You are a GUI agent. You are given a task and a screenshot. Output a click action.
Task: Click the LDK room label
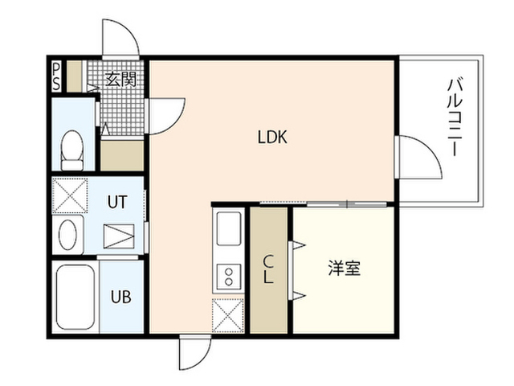(272, 138)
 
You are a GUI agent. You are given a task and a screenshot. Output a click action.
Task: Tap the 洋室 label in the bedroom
(345, 268)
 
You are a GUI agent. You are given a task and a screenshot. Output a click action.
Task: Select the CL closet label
(268, 269)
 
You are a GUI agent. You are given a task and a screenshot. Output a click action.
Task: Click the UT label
(117, 202)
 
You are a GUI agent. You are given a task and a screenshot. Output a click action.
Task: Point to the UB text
(121, 297)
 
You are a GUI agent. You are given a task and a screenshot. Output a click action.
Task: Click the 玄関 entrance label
(120, 79)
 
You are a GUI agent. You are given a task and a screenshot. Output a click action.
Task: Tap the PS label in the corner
(56, 77)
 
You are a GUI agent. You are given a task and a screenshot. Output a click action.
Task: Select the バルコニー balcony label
(455, 117)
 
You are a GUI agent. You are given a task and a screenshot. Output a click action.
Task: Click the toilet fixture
(72, 150)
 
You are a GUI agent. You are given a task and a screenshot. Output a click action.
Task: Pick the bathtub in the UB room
(75, 297)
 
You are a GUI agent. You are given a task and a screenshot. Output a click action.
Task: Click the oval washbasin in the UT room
(67, 234)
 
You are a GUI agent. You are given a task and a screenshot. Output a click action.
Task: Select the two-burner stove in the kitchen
(229, 277)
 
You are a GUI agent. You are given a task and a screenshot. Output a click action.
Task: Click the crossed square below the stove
(228, 315)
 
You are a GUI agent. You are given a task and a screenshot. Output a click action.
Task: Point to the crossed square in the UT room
(70, 196)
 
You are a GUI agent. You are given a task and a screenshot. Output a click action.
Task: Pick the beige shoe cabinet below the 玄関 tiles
(122, 155)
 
